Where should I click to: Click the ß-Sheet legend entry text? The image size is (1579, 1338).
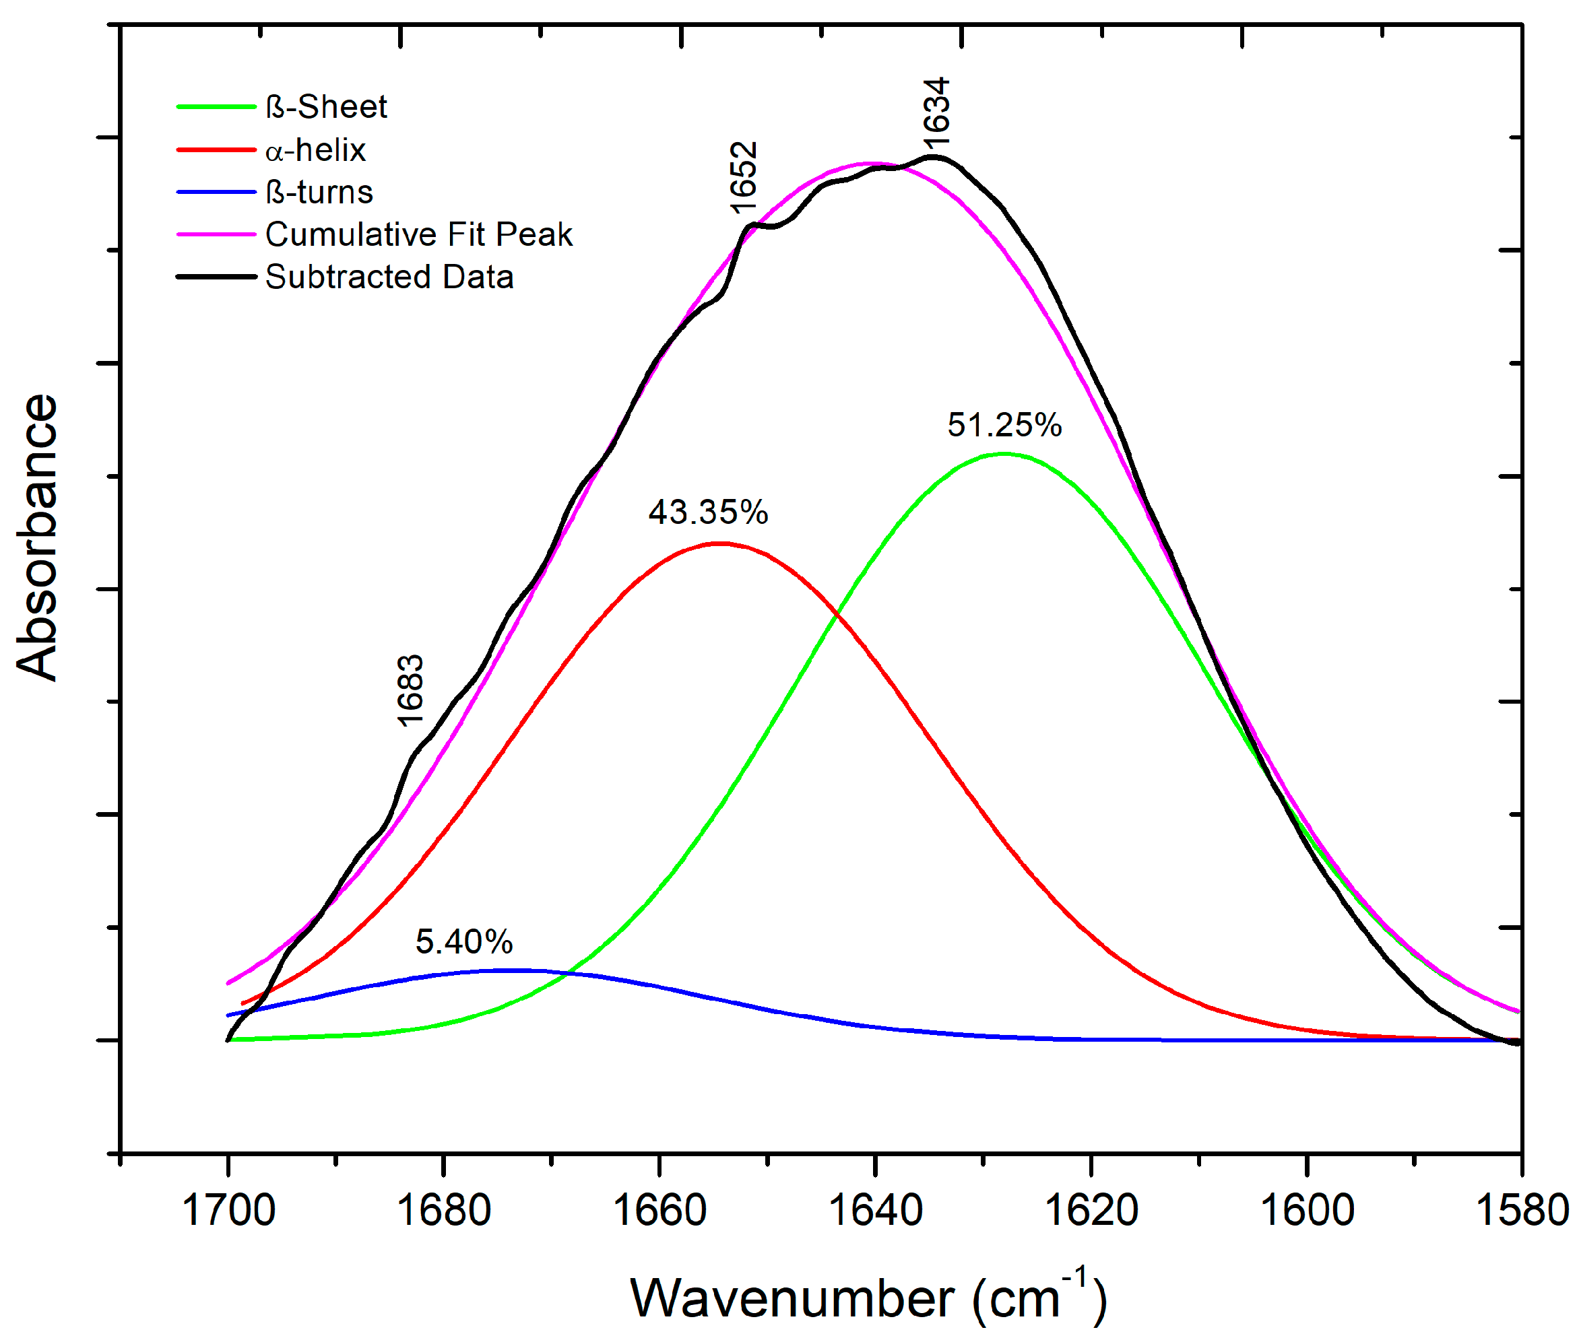(325, 107)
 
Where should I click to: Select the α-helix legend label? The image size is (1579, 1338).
(316, 149)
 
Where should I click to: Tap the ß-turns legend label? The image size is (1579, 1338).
(319, 192)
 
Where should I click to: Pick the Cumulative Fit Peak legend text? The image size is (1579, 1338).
(418, 234)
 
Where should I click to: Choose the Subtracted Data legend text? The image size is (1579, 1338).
(389, 277)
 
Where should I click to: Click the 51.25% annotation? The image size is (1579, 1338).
(1003, 425)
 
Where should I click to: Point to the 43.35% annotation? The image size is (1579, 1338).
(707, 512)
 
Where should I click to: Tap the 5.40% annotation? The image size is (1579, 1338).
(463, 941)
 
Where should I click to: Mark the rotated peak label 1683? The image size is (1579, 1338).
(410, 690)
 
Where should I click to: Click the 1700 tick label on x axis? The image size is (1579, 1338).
(228, 1209)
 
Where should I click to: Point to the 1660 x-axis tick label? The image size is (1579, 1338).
(659, 1209)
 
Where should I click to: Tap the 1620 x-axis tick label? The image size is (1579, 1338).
(1091, 1209)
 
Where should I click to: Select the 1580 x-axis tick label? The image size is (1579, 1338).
(1520, 1209)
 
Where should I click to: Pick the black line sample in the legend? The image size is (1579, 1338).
(216, 277)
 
